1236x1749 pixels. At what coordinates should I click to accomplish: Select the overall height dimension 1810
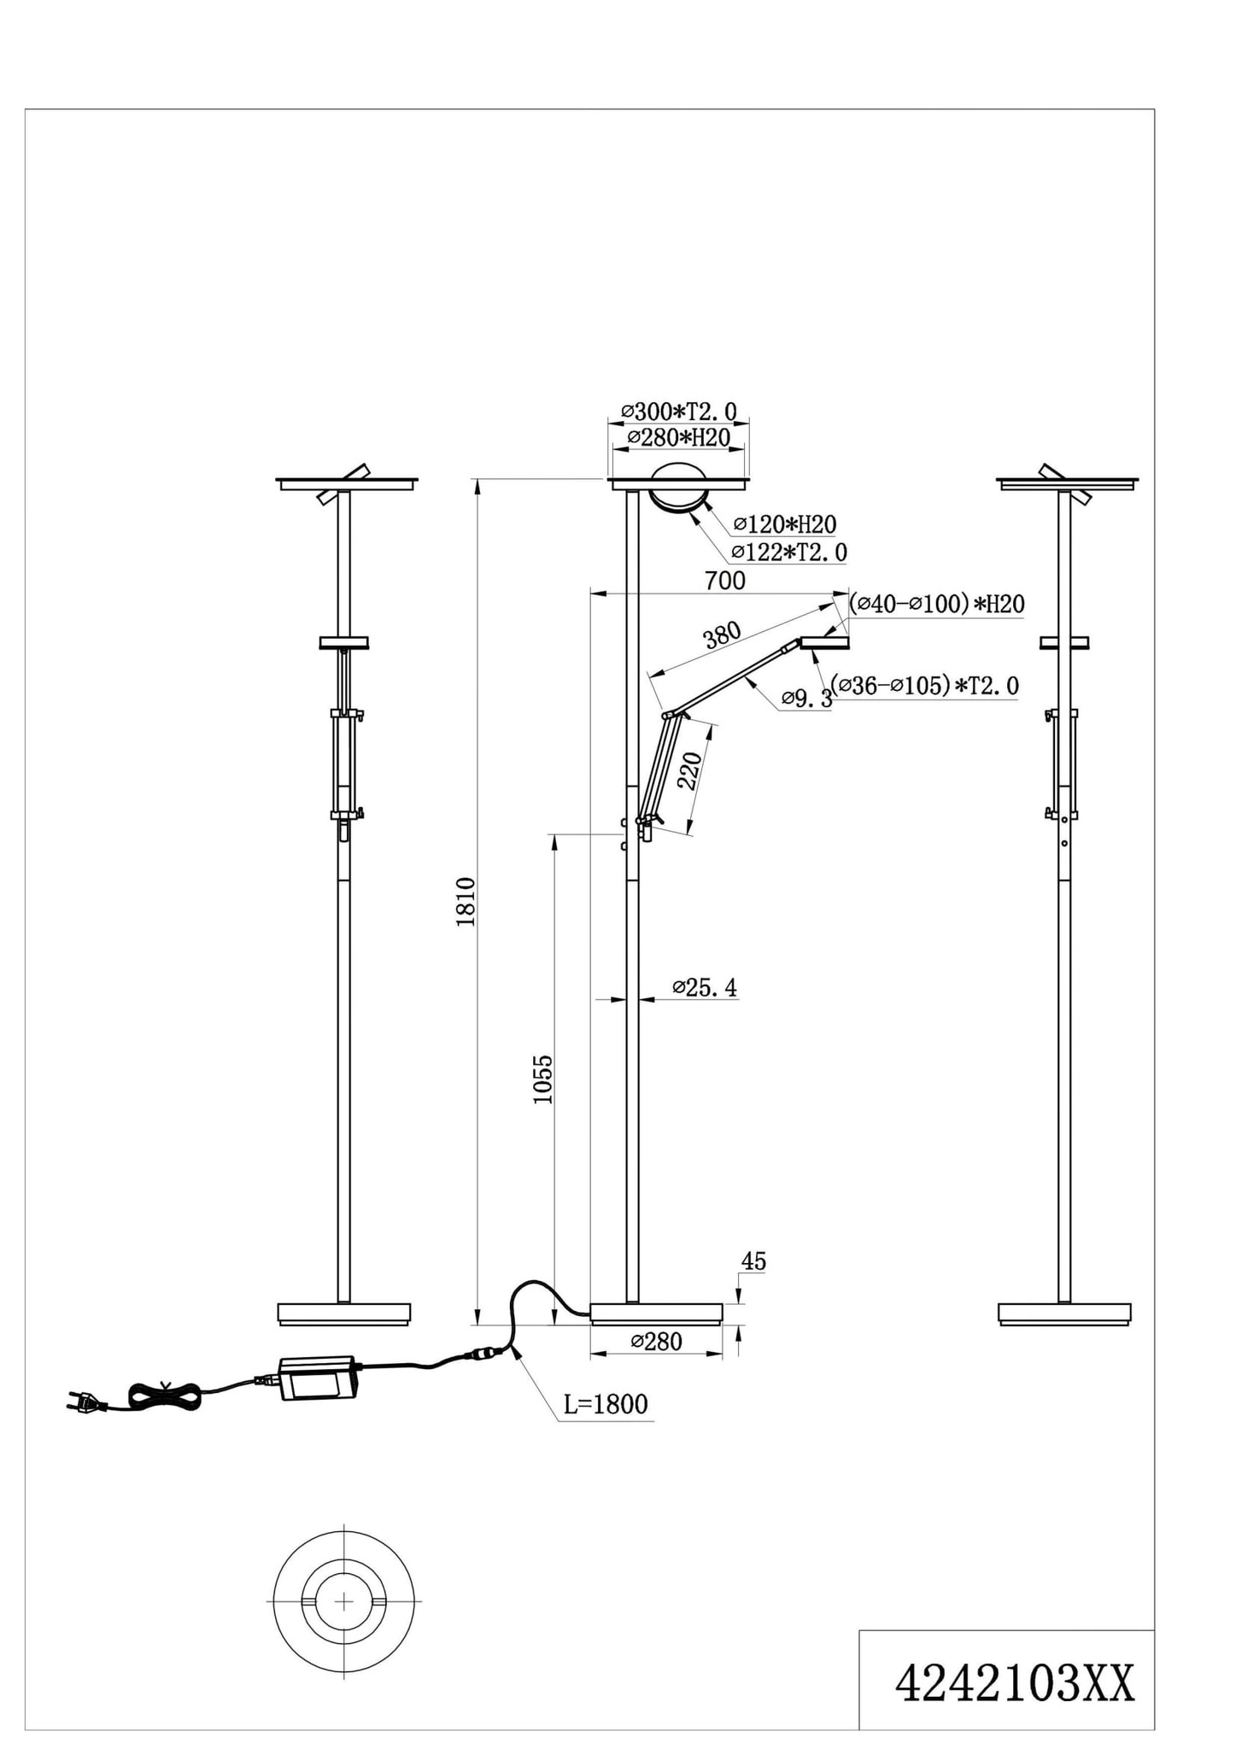pyautogui.click(x=466, y=901)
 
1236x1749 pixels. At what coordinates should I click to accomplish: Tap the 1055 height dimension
pyautogui.click(x=543, y=1079)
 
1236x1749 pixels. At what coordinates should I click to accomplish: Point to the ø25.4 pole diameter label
pyautogui.click(x=705, y=988)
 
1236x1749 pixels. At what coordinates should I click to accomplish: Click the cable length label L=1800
pyautogui.click(x=606, y=1404)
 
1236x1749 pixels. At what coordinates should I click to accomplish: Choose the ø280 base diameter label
pyautogui.click(x=656, y=1341)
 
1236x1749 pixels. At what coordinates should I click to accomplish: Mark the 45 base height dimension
pyautogui.click(x=753, y=1261)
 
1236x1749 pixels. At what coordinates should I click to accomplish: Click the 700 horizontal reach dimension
pyautogui.click(x=724, y=581)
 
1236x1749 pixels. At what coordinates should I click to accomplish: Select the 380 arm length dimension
pyautogui.click(x=722, y=635)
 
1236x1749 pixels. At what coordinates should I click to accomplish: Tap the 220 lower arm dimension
pyautogui.click(x=689, y=770)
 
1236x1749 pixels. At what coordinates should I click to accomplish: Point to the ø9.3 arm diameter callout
pyautogui.click(x=807, y=699)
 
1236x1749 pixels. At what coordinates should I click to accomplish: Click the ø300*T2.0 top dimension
pyautogui.click(x=678, y=412)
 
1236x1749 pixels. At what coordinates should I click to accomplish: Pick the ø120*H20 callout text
pyautogui.click(x=784, y=524)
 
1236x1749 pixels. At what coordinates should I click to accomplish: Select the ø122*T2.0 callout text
pyautogui.click(x=789, y=553)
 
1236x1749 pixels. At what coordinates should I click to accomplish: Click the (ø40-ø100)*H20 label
pyautogui.click(x=936, y=604)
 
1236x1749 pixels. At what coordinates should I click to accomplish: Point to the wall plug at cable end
pyautogui.click(x=81, y=1401)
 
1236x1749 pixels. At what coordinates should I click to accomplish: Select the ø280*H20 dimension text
pyautogui.click(x=678, y=437)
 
